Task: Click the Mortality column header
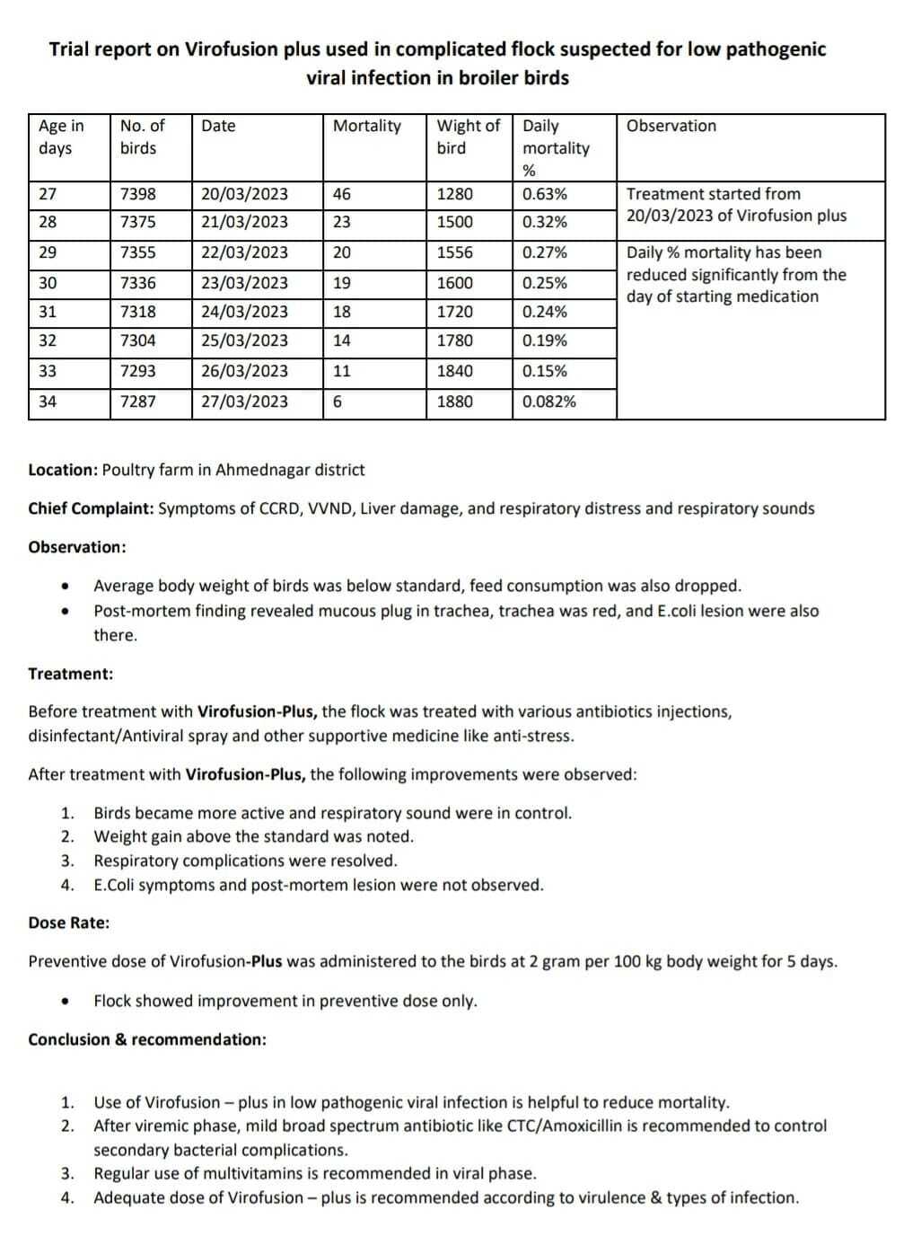pos(366,126)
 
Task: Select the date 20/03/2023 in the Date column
pos(244,194)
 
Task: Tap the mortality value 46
pos(342,194)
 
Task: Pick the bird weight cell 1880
pos(454,402)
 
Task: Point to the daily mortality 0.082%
pos(549,402)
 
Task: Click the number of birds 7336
pos(137,283)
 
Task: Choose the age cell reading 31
pos(48,312)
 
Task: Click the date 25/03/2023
pos(244,340)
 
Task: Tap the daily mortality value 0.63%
pos(545,194)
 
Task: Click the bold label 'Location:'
pos(63,470)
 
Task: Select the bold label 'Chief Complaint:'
pos(91,508)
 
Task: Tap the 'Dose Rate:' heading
pos(69,923)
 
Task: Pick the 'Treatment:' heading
pos(71,674)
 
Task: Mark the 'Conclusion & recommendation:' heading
pos(147,1039)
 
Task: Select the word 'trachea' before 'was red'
pos(526,611)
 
